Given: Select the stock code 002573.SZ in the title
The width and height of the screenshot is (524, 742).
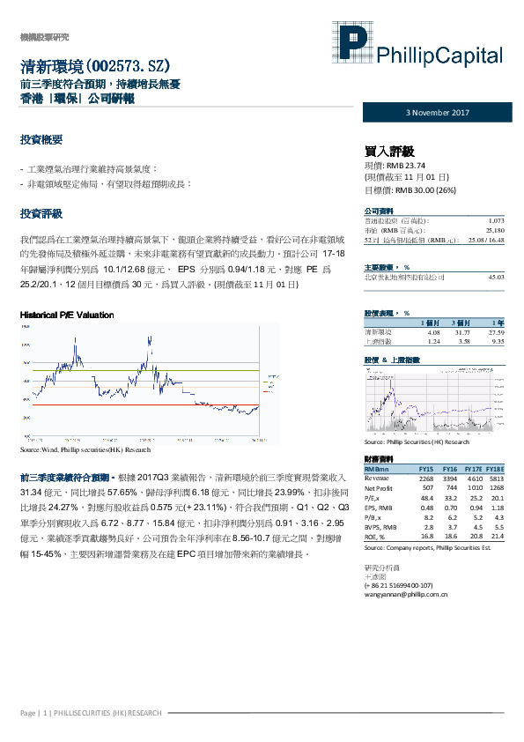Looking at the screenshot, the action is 127,66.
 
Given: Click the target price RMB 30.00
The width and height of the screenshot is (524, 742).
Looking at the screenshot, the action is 419,189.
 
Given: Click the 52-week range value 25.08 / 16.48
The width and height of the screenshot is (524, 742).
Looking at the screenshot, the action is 484,240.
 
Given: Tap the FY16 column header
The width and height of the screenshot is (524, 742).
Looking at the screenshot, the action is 449,469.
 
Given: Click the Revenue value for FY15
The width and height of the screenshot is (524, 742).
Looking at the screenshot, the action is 425,478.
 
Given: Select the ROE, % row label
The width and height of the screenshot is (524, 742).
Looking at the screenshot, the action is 376,534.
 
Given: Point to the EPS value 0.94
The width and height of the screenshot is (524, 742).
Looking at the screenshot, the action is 474,507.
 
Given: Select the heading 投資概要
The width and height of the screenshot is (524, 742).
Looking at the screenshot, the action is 41,140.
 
